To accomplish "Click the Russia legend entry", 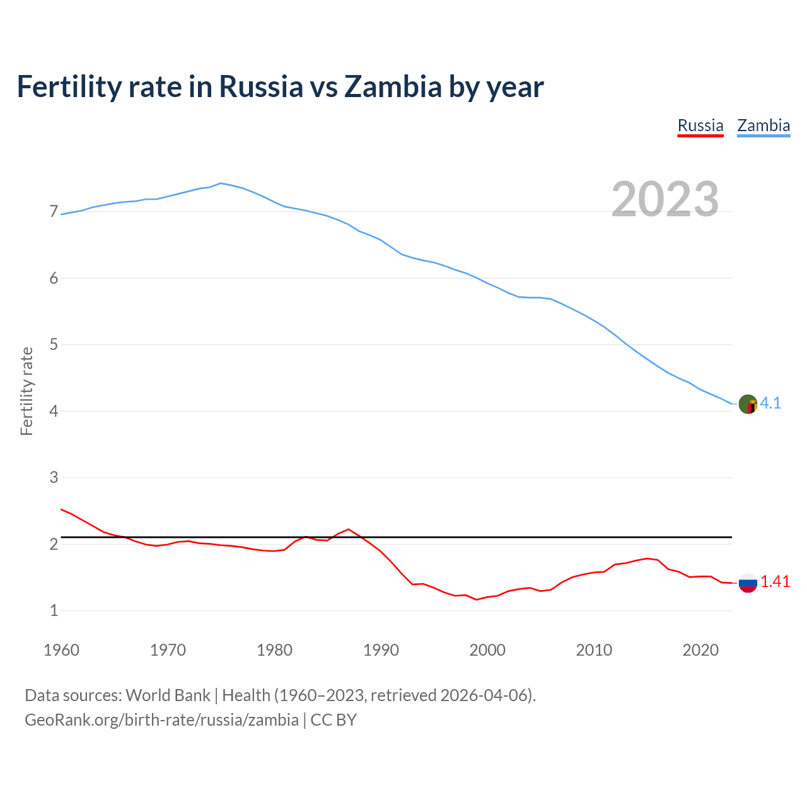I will [700, 125].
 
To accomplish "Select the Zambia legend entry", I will [763, 125].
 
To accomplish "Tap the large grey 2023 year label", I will [665, 199].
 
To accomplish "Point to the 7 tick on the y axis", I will [54, 212].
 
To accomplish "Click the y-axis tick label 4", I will [54, 411].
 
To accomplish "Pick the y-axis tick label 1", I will [54, 610].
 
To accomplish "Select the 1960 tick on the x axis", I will [61, 650].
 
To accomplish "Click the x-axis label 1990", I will [381, 650].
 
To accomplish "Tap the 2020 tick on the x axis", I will [700, 650].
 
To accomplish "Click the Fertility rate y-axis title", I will [26, 391].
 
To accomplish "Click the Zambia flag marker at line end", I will [748, 404].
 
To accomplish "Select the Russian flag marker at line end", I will [748, 583].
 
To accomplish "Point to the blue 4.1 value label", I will [770, 403].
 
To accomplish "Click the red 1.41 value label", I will [775, 582].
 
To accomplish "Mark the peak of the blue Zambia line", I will [220, 183].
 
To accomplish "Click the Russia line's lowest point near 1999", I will [477, 600].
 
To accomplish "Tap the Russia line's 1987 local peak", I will [349, 529].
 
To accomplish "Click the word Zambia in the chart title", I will [393, 87].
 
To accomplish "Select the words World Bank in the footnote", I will [168, 695].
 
